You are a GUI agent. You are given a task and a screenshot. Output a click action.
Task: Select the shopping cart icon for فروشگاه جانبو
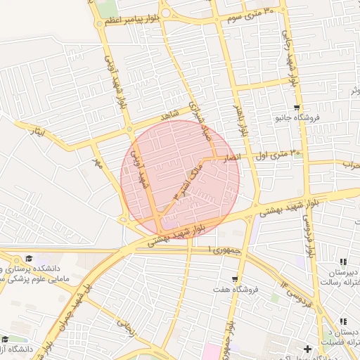coord(297,108)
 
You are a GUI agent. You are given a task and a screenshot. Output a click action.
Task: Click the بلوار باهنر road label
coord(240,120)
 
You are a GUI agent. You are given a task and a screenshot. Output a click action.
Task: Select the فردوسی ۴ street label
coord(295,290)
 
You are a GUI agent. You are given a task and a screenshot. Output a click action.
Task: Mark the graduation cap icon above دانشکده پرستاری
coord(29,258)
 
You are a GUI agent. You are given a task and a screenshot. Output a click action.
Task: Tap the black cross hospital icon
coord(307,349)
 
